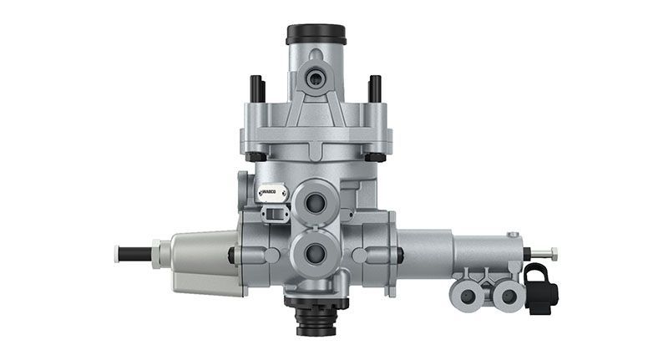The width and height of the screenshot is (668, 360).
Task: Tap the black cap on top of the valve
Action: [x=316, y=34]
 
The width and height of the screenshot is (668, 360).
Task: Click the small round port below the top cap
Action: [x=316, y=79]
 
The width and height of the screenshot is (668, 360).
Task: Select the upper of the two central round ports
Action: [x=316, y=200]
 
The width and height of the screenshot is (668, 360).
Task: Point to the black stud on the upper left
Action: [x=257, y=88]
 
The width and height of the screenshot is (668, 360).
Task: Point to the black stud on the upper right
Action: [x=375, y=88]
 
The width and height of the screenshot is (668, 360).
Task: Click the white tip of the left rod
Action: [x=116, y=251]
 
